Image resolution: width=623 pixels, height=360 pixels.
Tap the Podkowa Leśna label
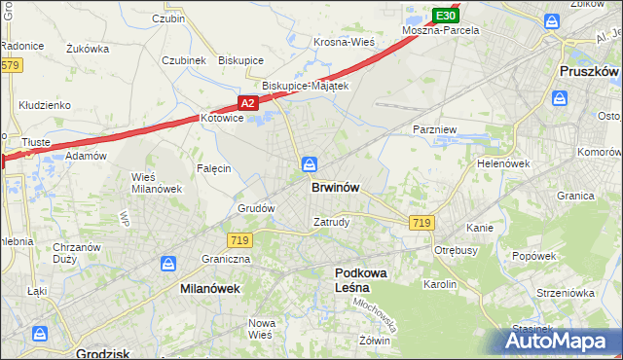[360, 280]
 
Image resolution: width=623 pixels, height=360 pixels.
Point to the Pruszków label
[590, 72]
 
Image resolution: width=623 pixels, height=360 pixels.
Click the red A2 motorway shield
[248, 103]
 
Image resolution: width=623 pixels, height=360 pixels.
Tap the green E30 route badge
[445, 16]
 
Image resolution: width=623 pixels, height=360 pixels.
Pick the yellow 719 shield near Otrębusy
[421, 223]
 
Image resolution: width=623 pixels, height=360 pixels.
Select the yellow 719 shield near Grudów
[239, 239]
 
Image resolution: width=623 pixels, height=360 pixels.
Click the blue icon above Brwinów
[309, 164]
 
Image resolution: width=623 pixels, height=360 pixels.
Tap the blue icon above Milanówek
[168, 264]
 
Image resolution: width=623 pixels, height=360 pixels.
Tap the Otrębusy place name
[457, 248]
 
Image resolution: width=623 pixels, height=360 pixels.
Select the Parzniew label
[433, 128]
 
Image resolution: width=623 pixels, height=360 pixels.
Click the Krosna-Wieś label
[345, 42]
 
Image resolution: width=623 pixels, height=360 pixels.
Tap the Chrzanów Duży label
[77, 253]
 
